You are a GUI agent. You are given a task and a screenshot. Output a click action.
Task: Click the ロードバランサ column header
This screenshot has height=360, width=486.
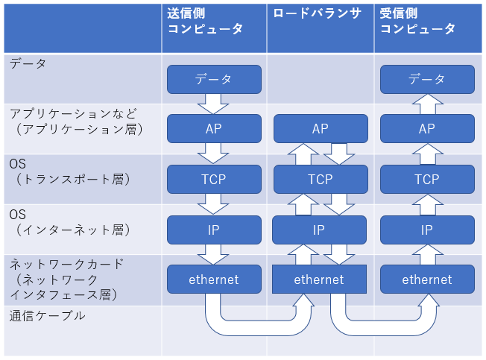point(317,13)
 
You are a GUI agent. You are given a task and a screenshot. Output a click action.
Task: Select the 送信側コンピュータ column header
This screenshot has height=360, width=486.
point(205,21)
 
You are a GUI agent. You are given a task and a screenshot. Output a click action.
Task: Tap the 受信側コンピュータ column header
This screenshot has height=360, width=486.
point(417,21)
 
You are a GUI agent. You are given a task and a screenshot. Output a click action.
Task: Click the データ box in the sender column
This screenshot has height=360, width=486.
point(214,79)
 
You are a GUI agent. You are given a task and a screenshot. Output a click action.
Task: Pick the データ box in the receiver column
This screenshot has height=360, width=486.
point(427,79)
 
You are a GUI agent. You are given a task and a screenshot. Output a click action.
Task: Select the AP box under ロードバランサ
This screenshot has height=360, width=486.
point(321,128)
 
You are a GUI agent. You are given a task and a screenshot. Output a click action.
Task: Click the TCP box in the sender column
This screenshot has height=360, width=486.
point(214,179)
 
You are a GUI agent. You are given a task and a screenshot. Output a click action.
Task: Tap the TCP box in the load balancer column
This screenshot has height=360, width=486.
point(321,179)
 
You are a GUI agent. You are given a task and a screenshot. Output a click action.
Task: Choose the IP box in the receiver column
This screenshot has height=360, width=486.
point(427,230)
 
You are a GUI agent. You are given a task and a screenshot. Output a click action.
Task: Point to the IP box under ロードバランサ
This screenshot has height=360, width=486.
point(319,230)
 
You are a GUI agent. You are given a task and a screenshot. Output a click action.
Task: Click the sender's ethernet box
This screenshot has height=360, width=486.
point(214,280)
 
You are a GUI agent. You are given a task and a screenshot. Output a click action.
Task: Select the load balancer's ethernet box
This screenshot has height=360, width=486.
point(319,280)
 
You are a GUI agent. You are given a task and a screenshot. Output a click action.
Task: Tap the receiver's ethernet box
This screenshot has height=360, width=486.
point(427,280)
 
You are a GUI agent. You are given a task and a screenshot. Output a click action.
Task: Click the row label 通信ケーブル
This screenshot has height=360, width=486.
point(47,316)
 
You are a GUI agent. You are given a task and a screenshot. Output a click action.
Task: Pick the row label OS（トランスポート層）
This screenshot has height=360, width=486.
point(70,171)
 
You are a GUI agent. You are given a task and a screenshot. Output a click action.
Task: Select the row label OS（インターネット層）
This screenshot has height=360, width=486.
point(70,222)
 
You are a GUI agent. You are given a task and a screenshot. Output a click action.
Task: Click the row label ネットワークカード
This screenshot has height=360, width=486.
point(66,265)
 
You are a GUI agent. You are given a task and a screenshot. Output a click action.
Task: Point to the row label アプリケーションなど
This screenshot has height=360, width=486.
point(73,114)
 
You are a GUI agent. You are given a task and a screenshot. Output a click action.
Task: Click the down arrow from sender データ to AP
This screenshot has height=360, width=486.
point(213,104)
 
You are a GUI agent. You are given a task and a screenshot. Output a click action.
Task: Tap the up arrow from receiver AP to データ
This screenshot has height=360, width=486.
point(428,104)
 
